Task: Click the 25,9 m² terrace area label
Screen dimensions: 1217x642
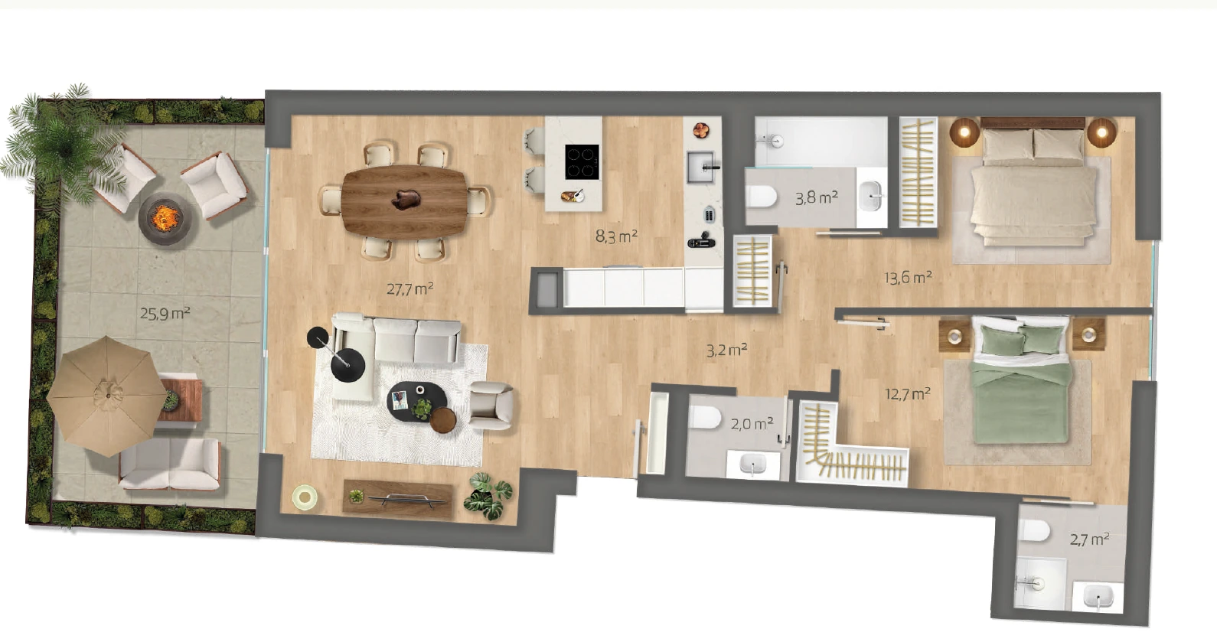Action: (x=165, y=314)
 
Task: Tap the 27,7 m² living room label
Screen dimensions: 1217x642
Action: (x=409, y=288)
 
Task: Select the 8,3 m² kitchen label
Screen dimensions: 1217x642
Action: (x=616, y=236)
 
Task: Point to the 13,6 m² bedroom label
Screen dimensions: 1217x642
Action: (x=908, y=278)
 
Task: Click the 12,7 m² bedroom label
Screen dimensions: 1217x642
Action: (x=907, y=393)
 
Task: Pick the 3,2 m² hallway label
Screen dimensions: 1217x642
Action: (x=726, y=350)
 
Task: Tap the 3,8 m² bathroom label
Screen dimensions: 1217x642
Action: (x=817, y=197)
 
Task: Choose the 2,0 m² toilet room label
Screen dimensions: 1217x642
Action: (x=752, y=423)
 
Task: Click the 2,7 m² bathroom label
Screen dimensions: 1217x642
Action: (x=1089, y=539)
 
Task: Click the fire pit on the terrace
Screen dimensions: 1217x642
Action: (x=165, y=219)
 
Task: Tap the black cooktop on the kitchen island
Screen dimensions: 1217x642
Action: (x=582, y=161)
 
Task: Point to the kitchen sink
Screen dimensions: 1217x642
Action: (x=701, y=168)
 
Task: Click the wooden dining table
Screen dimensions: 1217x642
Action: (x=404, y=201)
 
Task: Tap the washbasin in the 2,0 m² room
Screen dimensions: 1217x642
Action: (x=752, y=465)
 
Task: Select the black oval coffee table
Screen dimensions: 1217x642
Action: (x=416, y=402)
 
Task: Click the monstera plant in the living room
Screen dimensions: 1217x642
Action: (x=488, y=496)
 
